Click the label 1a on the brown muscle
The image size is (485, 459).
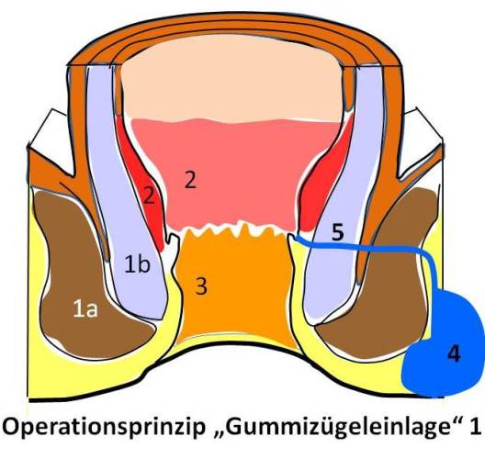(x=85, y=309)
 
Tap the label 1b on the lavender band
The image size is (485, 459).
(x=138, y=264)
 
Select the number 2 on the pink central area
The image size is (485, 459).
(x=190, y=180)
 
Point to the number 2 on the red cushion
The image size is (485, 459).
(x=149, y=196)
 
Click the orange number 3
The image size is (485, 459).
(x=201, y=285)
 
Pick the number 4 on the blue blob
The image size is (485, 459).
(x=454, y=353)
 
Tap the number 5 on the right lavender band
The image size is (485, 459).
(x=337, y=232)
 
